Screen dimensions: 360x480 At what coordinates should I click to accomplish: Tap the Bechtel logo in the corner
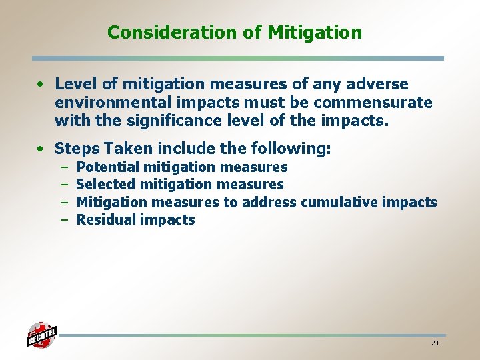click(42, 335)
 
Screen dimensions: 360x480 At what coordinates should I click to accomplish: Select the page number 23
click(435, 343)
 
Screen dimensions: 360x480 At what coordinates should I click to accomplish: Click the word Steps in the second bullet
click(77, 148)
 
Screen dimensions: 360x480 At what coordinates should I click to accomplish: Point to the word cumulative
click(341, 202)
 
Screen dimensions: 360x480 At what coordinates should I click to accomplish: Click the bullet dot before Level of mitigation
click(42, 85)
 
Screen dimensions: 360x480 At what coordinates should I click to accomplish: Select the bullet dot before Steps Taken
click(42, 149)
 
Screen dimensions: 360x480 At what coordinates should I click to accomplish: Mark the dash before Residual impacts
click(65, 219)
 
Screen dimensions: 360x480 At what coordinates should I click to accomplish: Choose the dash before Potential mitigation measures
click(65, 167)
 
